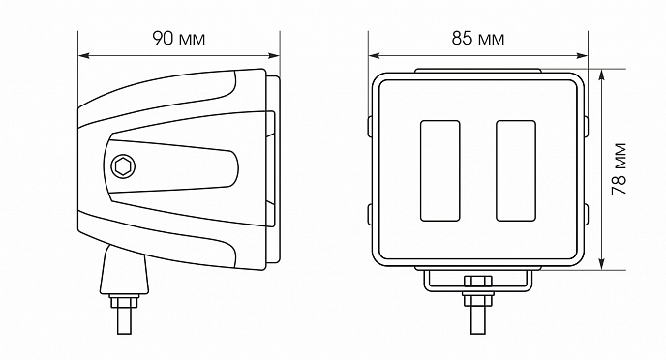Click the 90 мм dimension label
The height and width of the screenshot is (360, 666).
[x=179, y=39]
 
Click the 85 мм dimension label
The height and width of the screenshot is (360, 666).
[x=478, y=39]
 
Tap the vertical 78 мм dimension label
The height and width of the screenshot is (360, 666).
[x=620, y=169]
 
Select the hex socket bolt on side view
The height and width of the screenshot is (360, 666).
[x=123, y=166]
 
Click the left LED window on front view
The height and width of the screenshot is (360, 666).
[x=440, y=170]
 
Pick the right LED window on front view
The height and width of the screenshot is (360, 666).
[x=516, y=170]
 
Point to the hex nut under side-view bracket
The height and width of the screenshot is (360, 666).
[x=124, y=301]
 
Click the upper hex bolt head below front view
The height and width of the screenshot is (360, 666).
[x=478, y=282]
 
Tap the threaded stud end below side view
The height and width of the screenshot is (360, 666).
[x=124, y=321]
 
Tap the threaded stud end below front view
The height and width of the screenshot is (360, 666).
[x=478, y=320]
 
